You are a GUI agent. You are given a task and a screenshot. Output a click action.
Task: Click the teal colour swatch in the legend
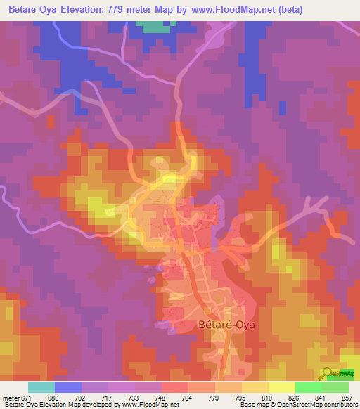pos(41,387)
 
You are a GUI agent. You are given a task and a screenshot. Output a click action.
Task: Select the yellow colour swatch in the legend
pos(281,387)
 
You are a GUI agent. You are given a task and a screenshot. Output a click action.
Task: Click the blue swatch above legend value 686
pos(68,387)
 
